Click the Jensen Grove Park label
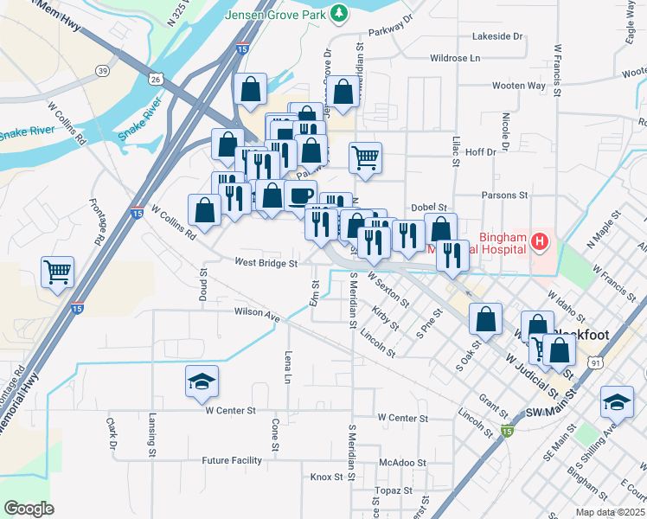tap(277, 16)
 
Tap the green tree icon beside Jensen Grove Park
tap(341, 13)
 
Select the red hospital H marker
tap(541, 241)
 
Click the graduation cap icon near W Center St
tap(202, 381)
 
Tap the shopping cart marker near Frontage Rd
tap(58, 272)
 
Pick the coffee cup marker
tap(300, 195)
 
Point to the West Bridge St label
tap(266, 262)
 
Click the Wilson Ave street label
tap(257, 312)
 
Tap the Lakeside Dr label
tap(497, 36)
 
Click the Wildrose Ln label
tap(454, 58)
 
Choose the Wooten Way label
tap(518, 86)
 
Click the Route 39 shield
tap(103, 71)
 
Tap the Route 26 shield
tap(156, 79)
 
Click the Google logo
tap(29, 508)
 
